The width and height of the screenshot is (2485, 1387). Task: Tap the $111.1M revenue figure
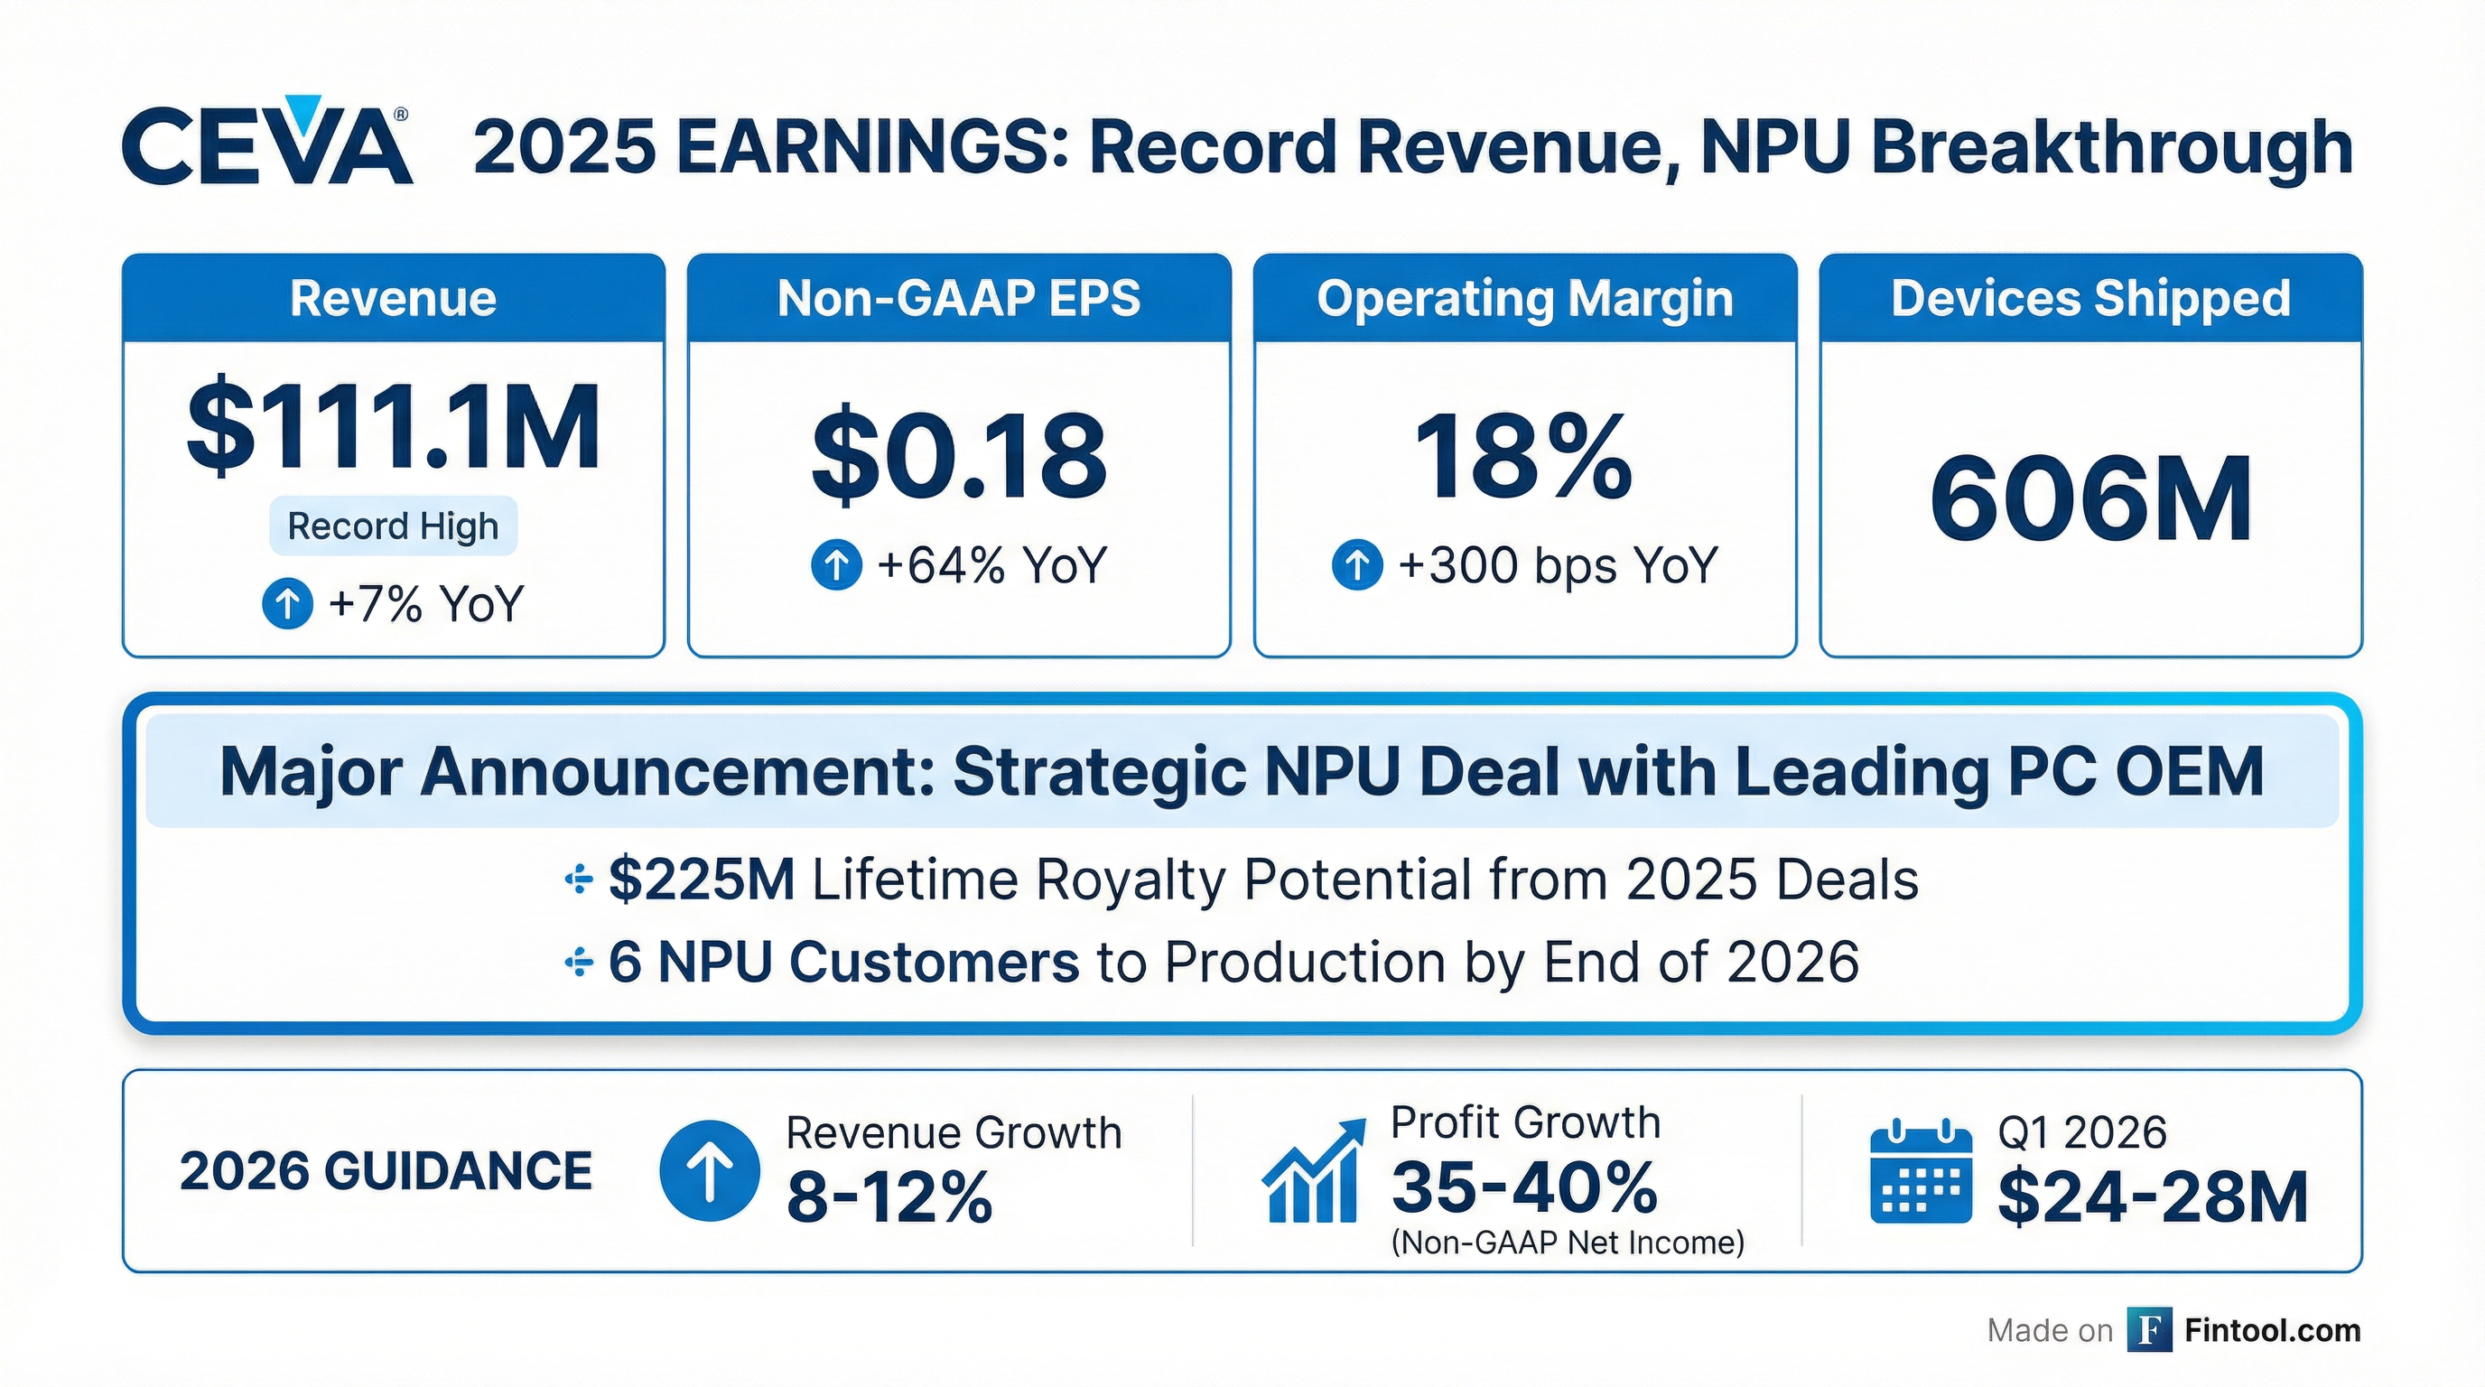click(394, 427)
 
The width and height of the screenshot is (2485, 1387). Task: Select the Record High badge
click(393, 526)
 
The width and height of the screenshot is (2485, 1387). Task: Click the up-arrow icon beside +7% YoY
click(287, 604)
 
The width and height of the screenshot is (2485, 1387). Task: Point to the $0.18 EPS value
click(959, 456)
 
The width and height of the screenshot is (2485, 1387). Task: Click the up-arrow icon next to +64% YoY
click(835, 564)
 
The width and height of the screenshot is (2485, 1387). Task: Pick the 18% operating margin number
click(1523, 456)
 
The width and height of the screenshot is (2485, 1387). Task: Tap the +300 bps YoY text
click(1558, 565)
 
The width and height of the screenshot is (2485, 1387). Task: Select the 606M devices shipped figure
click(2090, 499)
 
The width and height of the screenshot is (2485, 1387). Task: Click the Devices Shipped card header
click(2090, 298)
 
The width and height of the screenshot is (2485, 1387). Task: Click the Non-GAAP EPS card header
click(959, 298)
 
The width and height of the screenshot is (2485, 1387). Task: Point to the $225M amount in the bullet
click(702, 880)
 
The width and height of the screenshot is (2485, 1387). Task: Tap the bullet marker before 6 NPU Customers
click(578, 962)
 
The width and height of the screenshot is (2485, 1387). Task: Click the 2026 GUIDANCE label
click(386, 1171)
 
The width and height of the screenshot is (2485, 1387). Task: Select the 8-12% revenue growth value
click(889, 1197)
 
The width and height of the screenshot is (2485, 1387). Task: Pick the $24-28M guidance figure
click(2152, 1197)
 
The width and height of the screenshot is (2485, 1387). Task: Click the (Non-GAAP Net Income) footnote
click(1568, 1243)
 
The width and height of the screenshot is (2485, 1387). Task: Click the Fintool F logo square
click(2149, 1331)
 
